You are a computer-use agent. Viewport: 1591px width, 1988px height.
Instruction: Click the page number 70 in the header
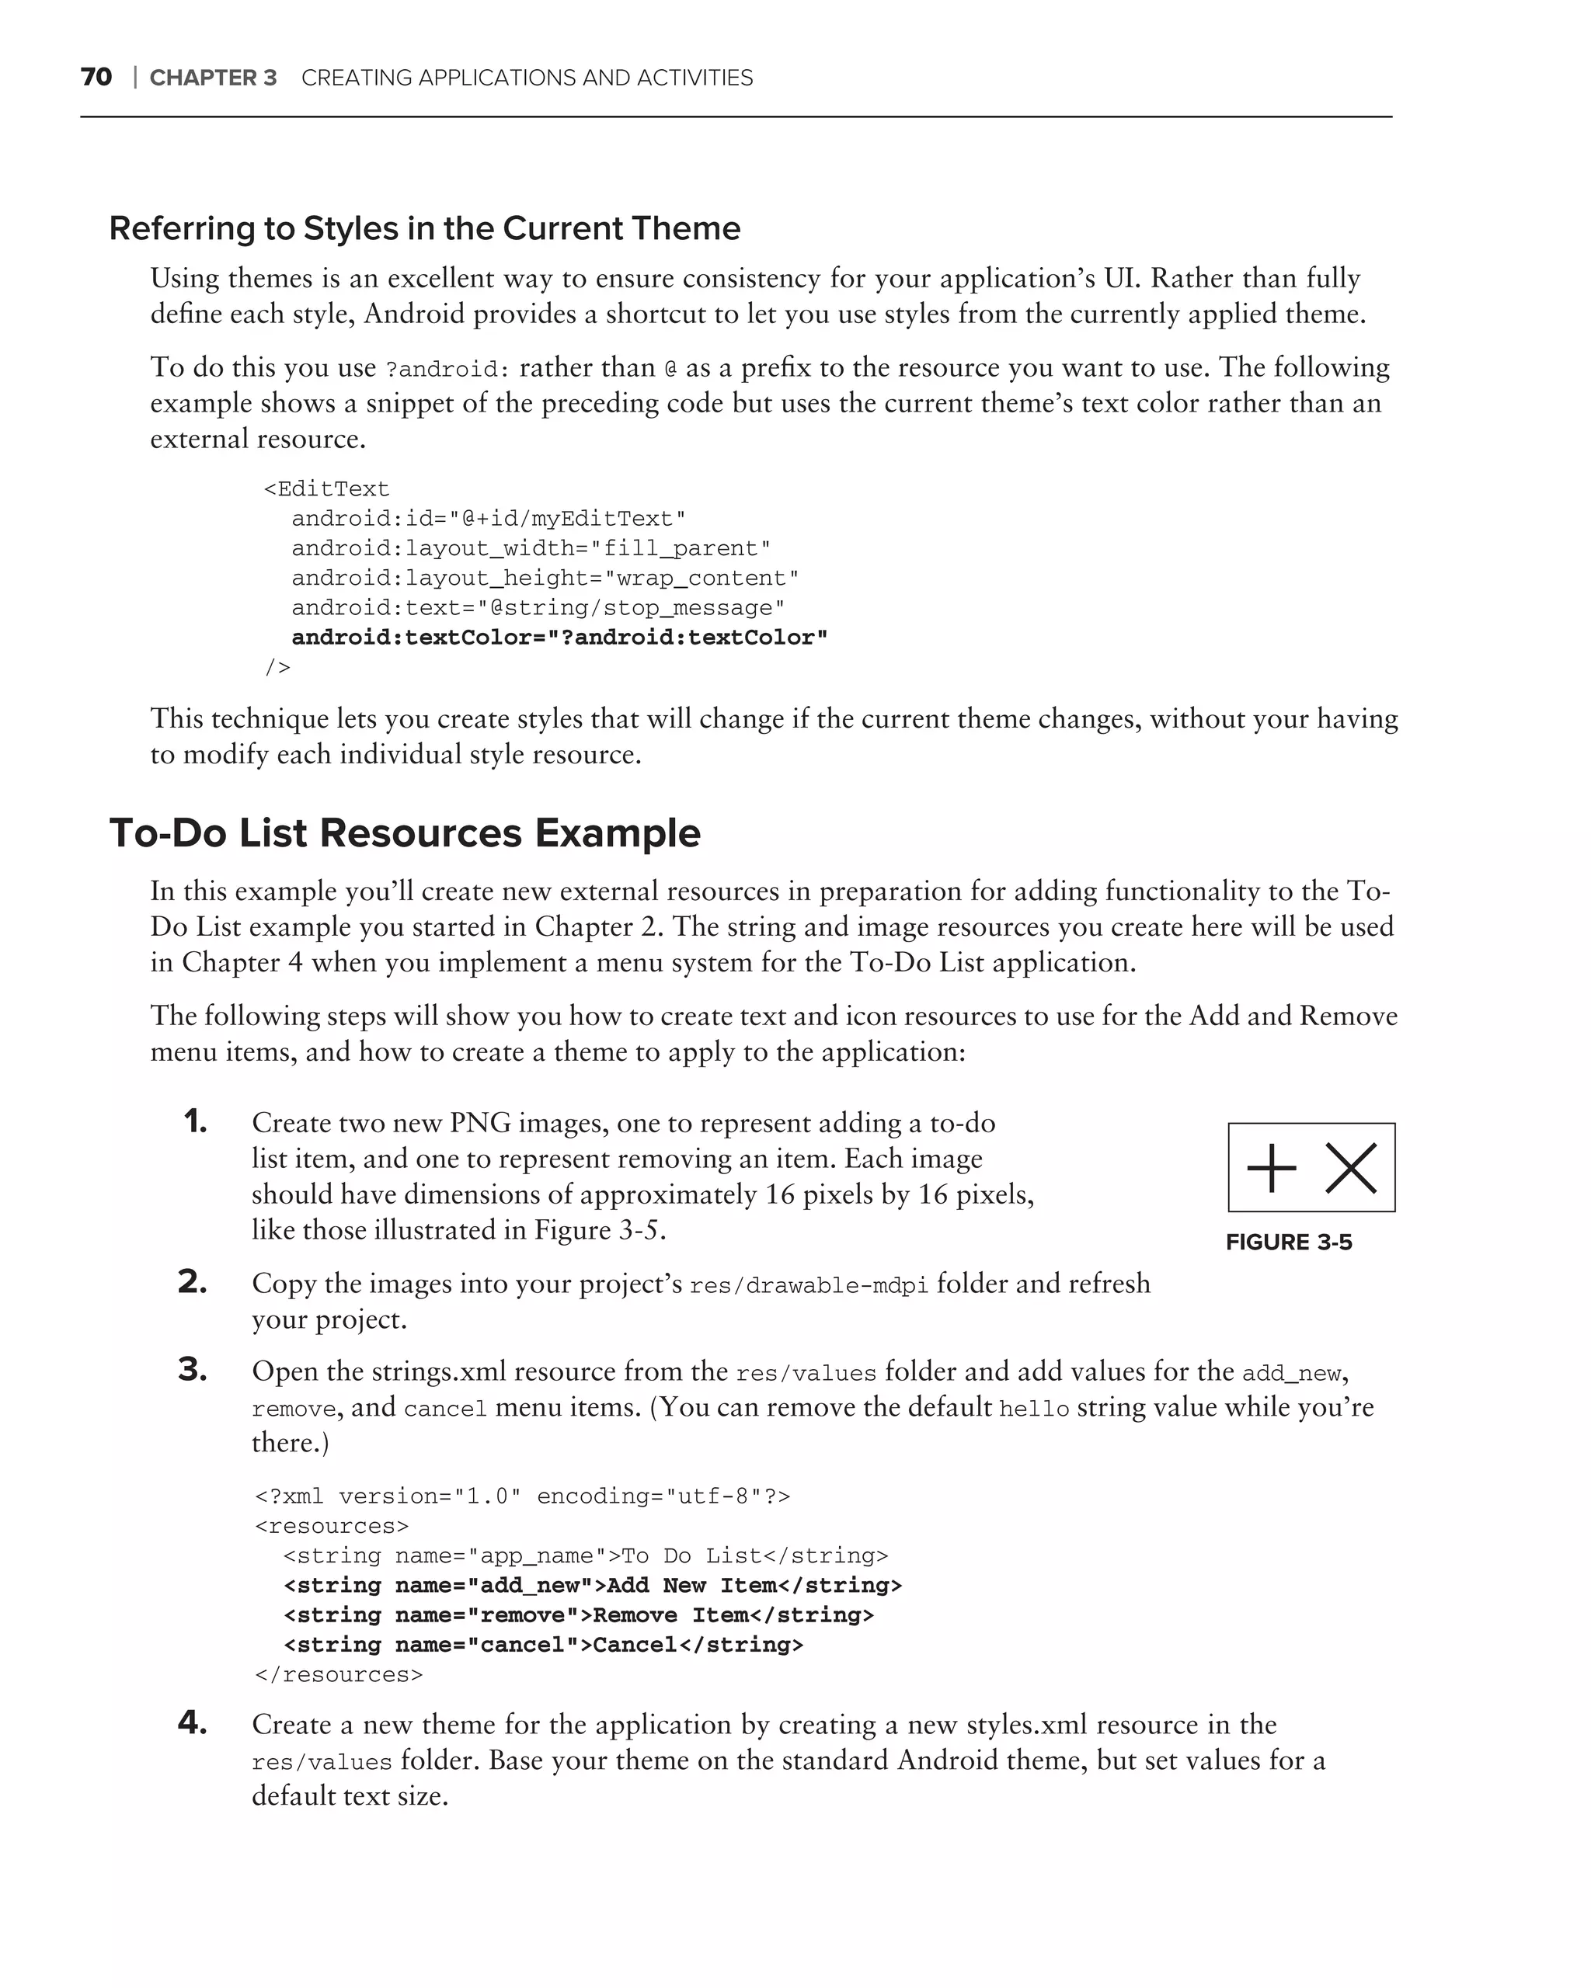[96, 78]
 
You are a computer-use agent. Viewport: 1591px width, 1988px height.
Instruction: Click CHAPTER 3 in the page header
[213, 78]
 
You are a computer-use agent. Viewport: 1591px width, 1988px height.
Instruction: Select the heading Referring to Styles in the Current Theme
[424, 228]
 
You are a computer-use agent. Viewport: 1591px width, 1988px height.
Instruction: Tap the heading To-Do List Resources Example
[405, 832]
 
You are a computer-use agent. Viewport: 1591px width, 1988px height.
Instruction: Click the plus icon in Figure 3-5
[1271, 1167]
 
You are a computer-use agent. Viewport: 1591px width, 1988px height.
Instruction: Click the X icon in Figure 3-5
[1350, 1167]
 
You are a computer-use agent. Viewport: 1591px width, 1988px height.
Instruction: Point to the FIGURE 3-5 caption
[1289, 1242]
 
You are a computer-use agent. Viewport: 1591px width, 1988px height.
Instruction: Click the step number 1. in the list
[196, 1121]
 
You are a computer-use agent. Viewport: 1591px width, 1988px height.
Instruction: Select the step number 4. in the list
[193, 1722]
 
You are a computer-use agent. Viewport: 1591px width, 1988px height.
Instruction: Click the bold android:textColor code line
[559, 637]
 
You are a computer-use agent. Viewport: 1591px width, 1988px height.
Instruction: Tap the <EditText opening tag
[326, 488]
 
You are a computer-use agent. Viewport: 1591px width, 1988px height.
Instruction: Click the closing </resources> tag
[339, 1674]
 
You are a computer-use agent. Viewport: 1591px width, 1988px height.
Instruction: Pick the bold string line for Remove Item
[578, 1614]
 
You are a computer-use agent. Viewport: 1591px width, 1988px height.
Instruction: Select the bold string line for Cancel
[543, 1644]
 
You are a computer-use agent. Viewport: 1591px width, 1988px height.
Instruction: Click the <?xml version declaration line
[522, 1496]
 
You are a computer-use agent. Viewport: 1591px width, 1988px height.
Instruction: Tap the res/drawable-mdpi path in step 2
[809, 1285]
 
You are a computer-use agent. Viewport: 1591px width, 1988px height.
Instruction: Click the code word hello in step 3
[1034, 1409]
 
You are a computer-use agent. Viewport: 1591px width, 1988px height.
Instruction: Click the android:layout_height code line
[544, 578]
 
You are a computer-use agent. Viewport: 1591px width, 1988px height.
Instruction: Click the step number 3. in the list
[193, 1370]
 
